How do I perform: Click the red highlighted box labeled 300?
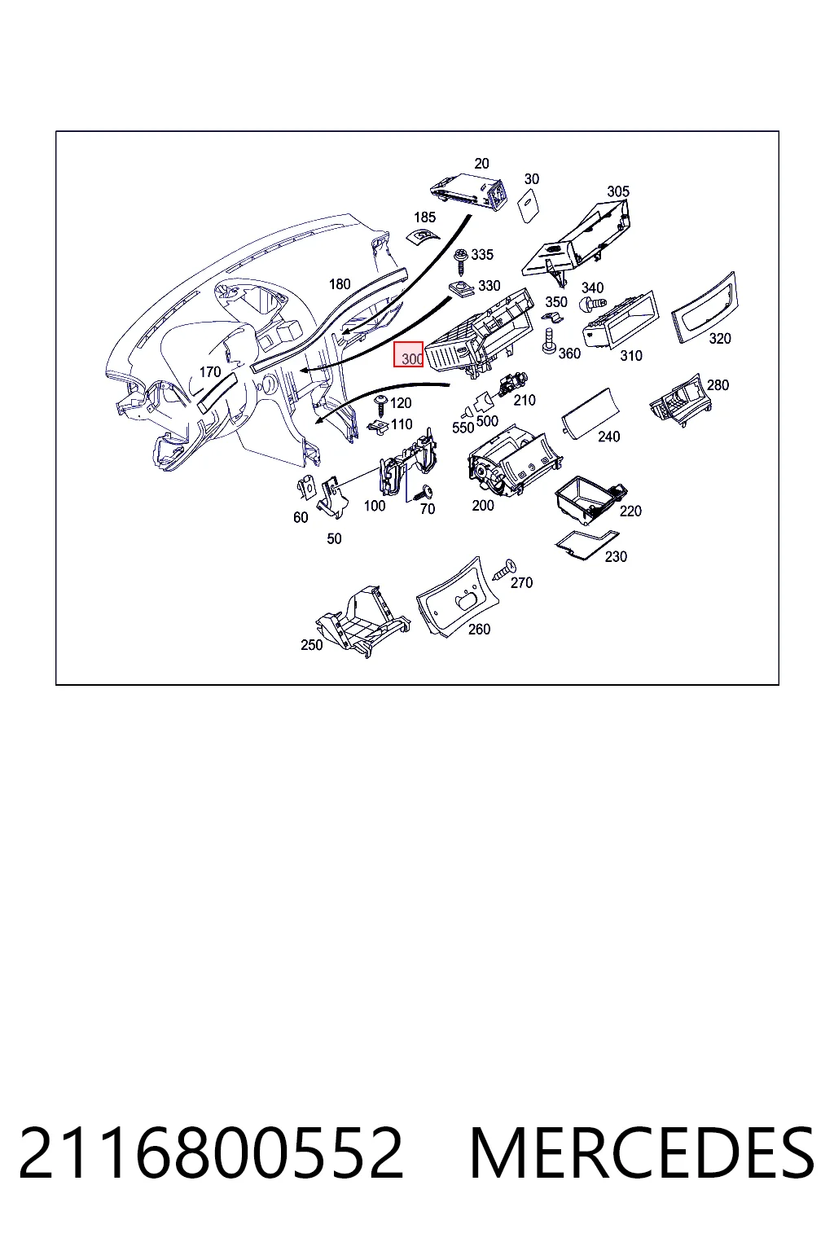tap(408, 354)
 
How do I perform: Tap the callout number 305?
tap(618, 191)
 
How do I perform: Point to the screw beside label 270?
tap(504, 569)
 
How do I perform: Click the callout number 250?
tap(312, 644)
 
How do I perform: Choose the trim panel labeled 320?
tap(704, 307)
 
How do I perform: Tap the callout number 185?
tap(424, 217)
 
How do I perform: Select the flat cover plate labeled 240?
tap(590, 413)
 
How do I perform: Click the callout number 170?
tap(210, 371)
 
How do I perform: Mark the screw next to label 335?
tap(462, 261)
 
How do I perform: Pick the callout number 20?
tap(481, 164)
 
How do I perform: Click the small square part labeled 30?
tap(529, 204)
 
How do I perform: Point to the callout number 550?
tap(463, 428)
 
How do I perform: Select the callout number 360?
tap(569, 353)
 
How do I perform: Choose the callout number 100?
tap(375, 506)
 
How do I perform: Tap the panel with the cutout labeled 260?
tap(458, 598)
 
